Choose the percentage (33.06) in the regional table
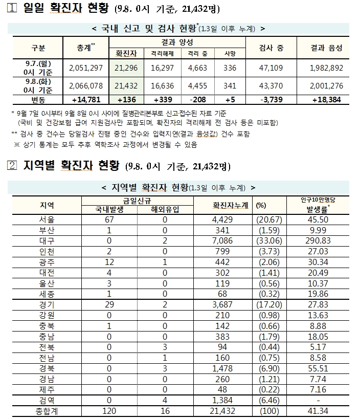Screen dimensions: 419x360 (267, 240)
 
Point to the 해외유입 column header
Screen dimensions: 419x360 (165, 209)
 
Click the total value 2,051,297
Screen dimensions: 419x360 (85, 67)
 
